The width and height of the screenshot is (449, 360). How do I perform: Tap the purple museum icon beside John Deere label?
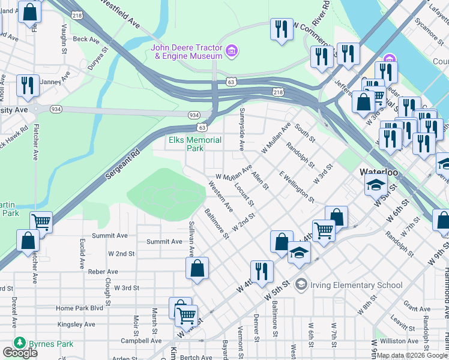(x=232, y=52)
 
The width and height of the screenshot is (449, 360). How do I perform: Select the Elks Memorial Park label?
(x=194, y=144)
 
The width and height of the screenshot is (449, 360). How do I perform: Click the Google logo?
(x=20, y=353)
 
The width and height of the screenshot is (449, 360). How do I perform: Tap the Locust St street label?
(x=244, y=193)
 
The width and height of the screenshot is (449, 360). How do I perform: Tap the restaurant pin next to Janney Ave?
(x=28, y=86)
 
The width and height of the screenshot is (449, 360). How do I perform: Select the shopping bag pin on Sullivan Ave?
(x=197, y=269)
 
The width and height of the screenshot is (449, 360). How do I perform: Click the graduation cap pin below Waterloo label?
(x=376, y=184)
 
